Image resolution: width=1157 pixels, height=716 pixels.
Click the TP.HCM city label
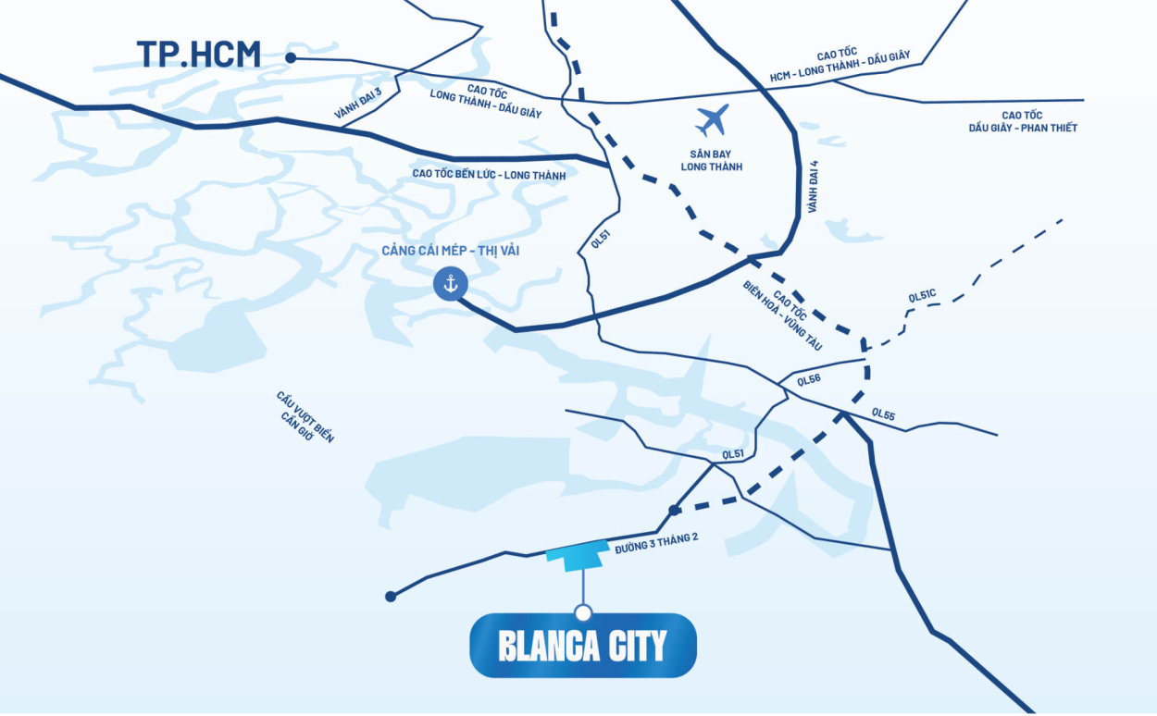click(x=198, y=54)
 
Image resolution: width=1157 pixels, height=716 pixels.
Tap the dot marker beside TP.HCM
click(x=291, y=57)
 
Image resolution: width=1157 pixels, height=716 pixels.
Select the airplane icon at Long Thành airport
click(x=712, y=120)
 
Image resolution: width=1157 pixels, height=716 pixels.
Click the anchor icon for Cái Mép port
click(x=451, y=284)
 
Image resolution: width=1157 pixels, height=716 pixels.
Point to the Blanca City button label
click(x=582, y=646)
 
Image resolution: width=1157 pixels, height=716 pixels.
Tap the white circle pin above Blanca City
click(x=582, y=612)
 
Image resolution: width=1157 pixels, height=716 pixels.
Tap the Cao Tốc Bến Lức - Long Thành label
click(x=489, y=174)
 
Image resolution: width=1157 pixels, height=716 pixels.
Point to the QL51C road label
click(x=923, y=297)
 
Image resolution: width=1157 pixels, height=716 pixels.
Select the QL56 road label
click(x=808, y=379)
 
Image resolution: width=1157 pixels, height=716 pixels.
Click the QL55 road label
click(x=883, y=415)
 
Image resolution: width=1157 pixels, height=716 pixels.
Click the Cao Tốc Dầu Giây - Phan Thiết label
click(x=1023, y=121)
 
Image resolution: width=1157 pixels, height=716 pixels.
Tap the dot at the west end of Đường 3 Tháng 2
click(x=391, y=597)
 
